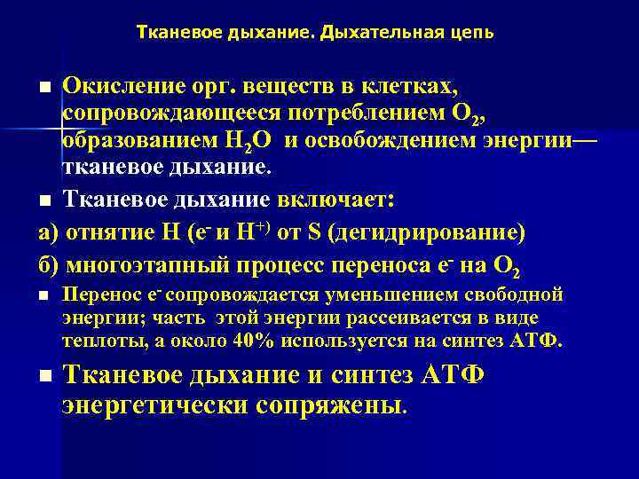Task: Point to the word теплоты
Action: pos(96,342)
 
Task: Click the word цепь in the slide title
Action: pos(473,33)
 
